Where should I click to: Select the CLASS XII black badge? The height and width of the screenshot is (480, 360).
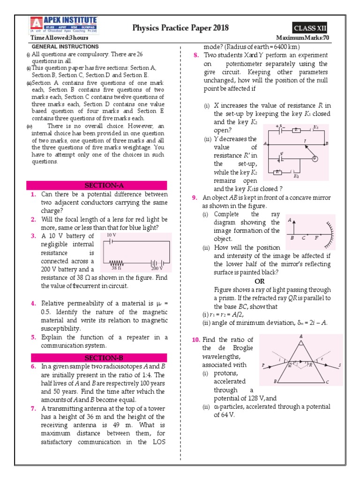(x=310, y=29)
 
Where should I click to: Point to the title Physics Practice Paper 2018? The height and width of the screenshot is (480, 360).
(x=181, y=28)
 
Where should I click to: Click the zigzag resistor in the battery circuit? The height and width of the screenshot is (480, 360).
(x=116, y=263)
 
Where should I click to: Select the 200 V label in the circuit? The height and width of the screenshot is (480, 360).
(x=157, y=269)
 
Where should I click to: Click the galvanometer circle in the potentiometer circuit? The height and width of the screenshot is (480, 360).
(x=315, y=158)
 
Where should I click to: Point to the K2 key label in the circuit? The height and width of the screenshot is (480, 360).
(x=296, y=176)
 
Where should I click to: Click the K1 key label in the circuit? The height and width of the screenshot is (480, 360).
(x=316, y=127)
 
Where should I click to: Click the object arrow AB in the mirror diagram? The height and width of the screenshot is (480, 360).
(x=294, y=226)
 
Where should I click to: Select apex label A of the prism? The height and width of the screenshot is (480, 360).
(x=300, y=336)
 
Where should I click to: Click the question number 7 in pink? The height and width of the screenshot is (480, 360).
(x=34, y=408)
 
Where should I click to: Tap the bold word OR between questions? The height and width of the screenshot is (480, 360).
(x=259, y=281)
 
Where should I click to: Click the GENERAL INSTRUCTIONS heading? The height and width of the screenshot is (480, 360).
(x=65, y=47)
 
